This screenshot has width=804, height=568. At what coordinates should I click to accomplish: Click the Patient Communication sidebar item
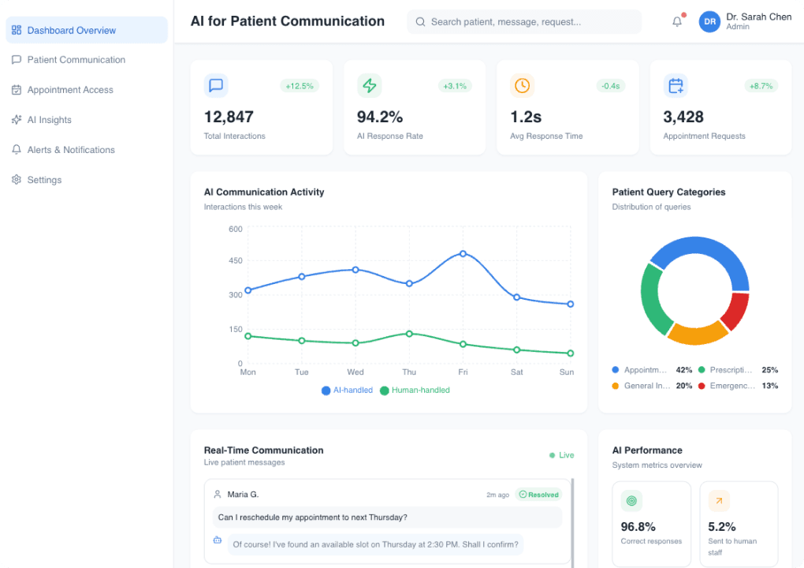[76, 60]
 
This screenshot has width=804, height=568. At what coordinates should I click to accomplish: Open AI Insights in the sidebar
[49, 120]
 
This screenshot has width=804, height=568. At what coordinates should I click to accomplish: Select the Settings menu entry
[44, 180]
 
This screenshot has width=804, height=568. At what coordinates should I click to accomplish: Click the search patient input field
[524, 22]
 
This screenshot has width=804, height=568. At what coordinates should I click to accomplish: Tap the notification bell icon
[677, 22]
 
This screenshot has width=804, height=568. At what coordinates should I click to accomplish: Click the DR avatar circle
[709, 22]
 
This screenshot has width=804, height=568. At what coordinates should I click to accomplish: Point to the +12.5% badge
[300, 85]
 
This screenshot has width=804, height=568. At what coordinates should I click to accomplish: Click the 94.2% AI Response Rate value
[380, 117]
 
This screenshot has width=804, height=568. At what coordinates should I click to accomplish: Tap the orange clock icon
[522, 85]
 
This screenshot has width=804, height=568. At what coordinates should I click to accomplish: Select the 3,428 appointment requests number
[683, 117]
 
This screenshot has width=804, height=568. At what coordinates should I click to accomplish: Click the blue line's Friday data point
[463, 253]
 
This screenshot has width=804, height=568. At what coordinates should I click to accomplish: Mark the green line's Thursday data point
[409, 334]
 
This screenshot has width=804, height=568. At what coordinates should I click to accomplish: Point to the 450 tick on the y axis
[236, 260]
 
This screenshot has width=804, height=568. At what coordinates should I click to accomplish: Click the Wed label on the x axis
[355, 372]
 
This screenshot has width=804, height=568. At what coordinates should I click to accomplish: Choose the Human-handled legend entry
[415, 390]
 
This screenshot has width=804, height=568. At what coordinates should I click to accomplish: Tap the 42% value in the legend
[683, 370]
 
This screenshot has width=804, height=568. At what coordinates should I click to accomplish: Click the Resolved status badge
[538, 495]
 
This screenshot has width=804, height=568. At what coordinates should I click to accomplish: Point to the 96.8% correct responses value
[638, 526]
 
